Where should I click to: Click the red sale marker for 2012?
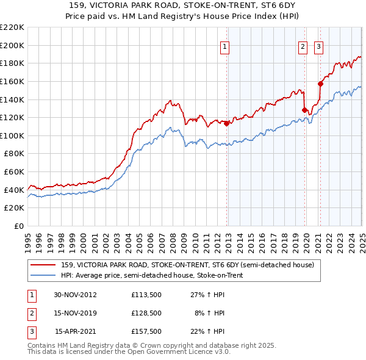click(x=227, y=123)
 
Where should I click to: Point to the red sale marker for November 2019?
click(x=304, y=110)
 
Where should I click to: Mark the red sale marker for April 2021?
click(x=320, y=84)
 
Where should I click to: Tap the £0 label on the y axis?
click(x=18, y=226)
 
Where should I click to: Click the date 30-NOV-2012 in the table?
click(x=75, y=295)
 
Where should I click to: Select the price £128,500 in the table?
click(x=146, y=313)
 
